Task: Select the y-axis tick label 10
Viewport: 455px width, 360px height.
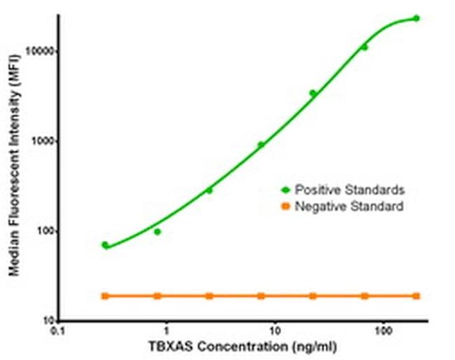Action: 46,321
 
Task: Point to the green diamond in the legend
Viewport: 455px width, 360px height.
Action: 285,190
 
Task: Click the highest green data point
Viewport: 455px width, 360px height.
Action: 416,18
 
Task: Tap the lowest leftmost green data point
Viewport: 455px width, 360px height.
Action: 105,245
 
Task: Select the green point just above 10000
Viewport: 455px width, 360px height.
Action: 364,48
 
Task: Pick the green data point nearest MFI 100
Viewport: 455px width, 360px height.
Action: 157,232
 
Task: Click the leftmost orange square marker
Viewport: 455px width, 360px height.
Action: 105,296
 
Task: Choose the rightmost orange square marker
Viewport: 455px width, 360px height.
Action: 416,296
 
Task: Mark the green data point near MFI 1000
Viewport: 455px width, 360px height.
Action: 261,145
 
